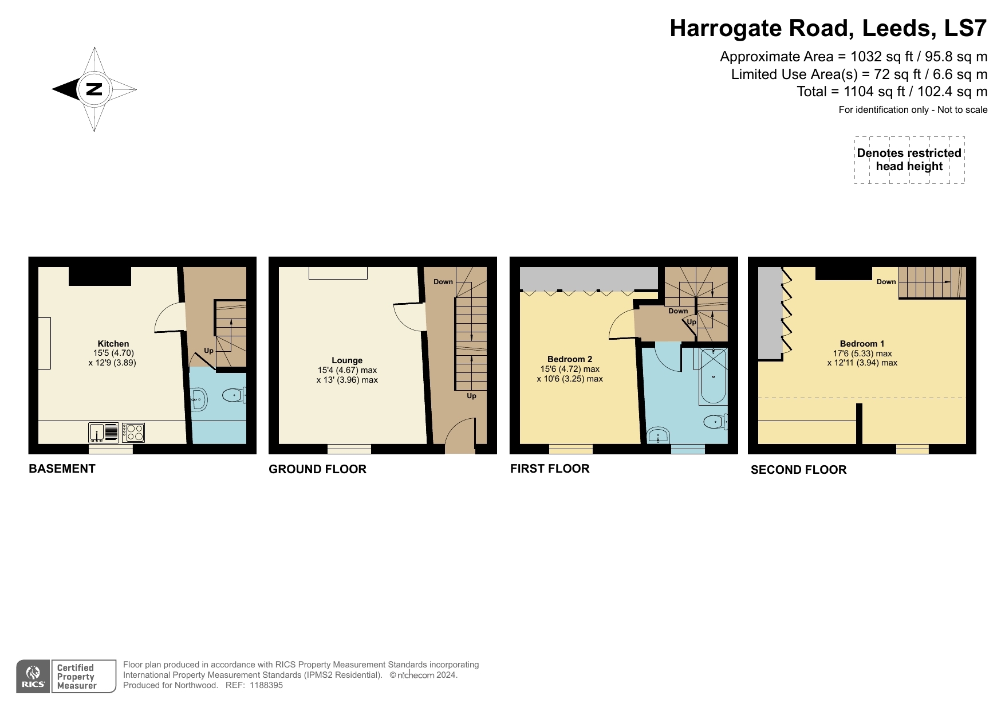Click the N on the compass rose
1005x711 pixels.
(x=94, y=89)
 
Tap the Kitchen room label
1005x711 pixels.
(x=113, y=344)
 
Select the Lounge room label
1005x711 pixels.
(x=347, y=360)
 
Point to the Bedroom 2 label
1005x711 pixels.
(x=569, y=359)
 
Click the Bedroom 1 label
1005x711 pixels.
(x=862, y=344)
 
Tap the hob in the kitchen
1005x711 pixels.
(x=133, y=432)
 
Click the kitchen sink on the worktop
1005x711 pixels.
(x=104, y=432)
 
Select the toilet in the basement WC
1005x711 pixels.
(x=234, y=395)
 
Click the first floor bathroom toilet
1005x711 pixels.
(x=714, y=422)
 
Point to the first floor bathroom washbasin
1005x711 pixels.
(x=659, y=435)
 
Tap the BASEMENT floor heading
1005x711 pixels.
(x=62, y=469)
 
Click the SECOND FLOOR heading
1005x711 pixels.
(x=798, y=470)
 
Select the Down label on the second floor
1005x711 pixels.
(x=886, y=281)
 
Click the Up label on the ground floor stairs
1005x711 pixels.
(x=471, y=396)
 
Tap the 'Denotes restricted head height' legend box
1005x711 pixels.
(x=909, y=160)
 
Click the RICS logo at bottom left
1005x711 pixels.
(x=33, y=677)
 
